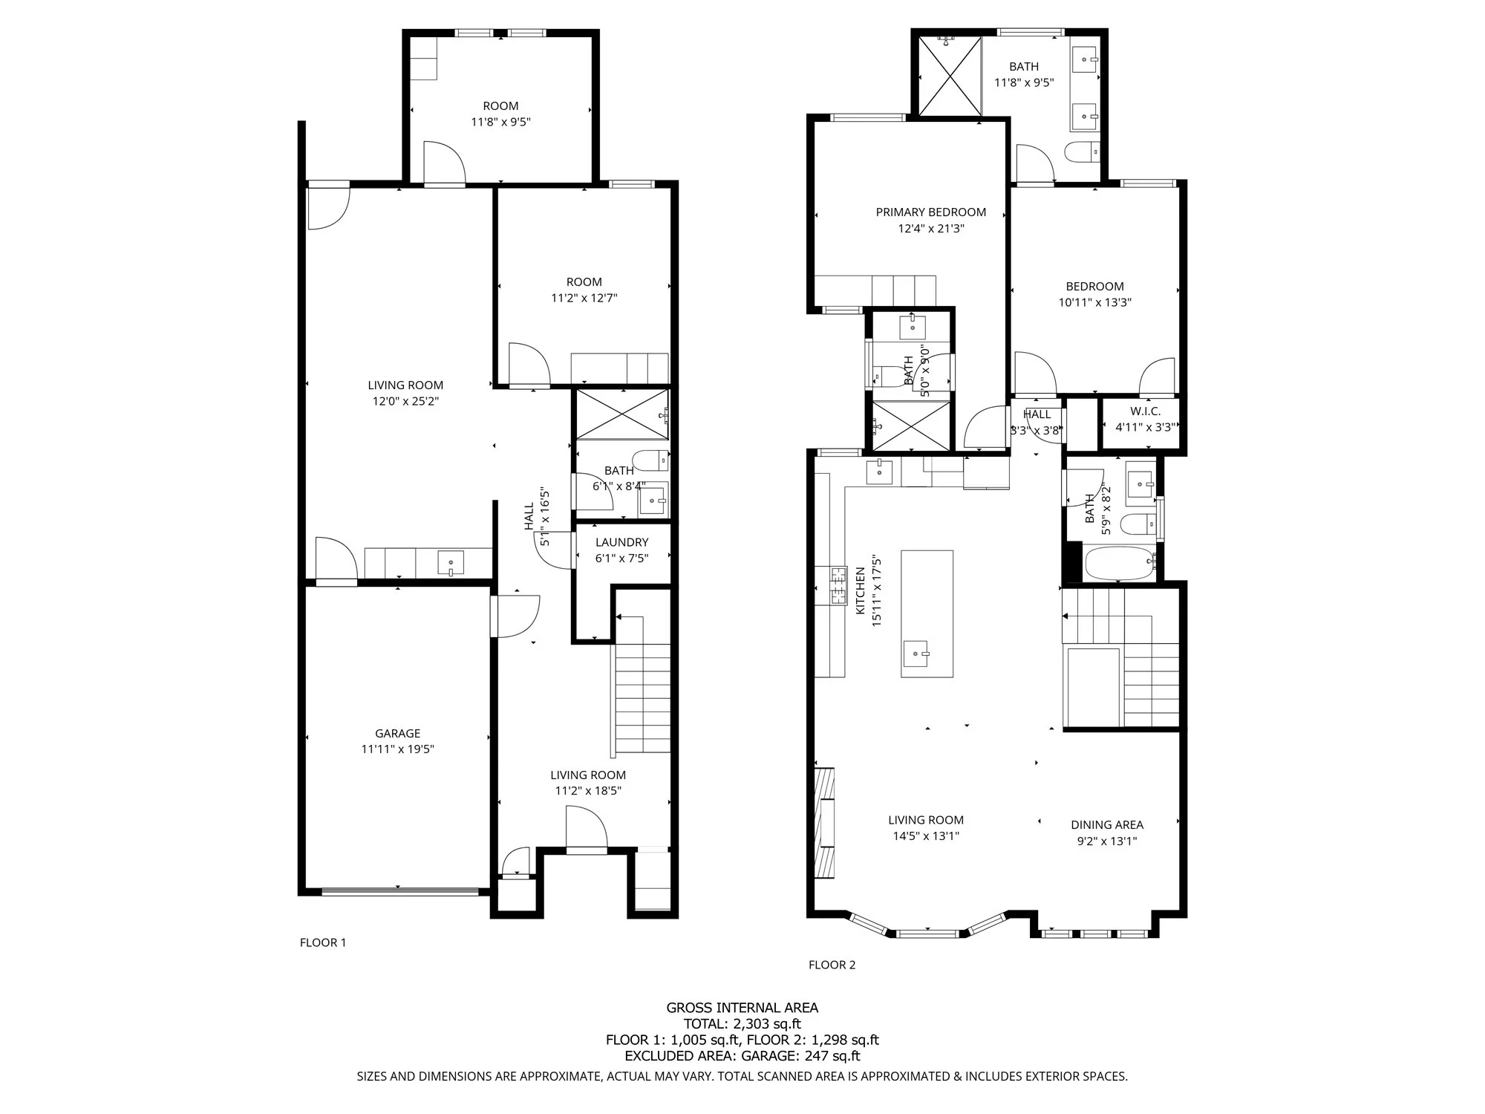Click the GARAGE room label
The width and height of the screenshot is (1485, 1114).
click(398, 734)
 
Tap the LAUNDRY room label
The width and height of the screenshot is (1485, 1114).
click(621, 543)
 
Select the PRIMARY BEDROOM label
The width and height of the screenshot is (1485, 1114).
click(931, 212)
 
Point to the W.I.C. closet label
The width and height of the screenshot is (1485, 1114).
click(1145, 411)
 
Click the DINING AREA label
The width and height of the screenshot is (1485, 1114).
click(1107, 825)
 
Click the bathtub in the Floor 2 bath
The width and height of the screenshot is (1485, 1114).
click(1120, 564)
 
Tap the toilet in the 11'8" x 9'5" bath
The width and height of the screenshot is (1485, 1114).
click(1081, 153)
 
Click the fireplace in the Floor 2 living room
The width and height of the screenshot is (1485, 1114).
click(824, 823)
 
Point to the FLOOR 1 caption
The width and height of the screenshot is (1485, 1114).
click(323, 943)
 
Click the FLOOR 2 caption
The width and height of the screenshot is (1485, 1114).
click(832, 965)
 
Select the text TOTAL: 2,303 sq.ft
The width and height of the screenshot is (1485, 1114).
click(742, 1024)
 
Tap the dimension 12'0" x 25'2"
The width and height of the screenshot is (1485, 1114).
click(405, 402)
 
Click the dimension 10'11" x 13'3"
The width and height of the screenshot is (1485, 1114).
click(1095, 303)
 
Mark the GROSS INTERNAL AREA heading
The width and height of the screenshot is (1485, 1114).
click(742, 1008)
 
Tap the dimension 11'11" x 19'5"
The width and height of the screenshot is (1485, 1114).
click(398, 750)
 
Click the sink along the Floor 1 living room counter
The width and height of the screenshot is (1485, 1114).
click(451, 562)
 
